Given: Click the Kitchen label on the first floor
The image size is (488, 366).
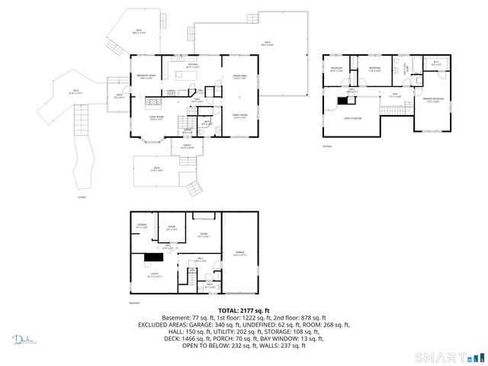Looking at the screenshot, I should coord(193,66).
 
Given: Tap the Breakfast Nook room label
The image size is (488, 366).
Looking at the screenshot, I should coord(147,76).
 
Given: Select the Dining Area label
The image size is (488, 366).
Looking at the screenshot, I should coord(240,77).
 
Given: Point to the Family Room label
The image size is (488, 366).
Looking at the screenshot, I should coord(241,117).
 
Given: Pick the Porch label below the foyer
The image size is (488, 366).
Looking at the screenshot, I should coord(186,147).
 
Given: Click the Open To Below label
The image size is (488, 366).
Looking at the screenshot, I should coord(352,119).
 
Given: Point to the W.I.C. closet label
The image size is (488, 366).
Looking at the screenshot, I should coord(435,64).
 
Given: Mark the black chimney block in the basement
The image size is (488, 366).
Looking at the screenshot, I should coord(150,258).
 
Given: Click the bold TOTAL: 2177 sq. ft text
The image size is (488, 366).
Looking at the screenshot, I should coord(243,310).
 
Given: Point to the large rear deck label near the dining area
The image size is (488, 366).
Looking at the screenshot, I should coord(268,43).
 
